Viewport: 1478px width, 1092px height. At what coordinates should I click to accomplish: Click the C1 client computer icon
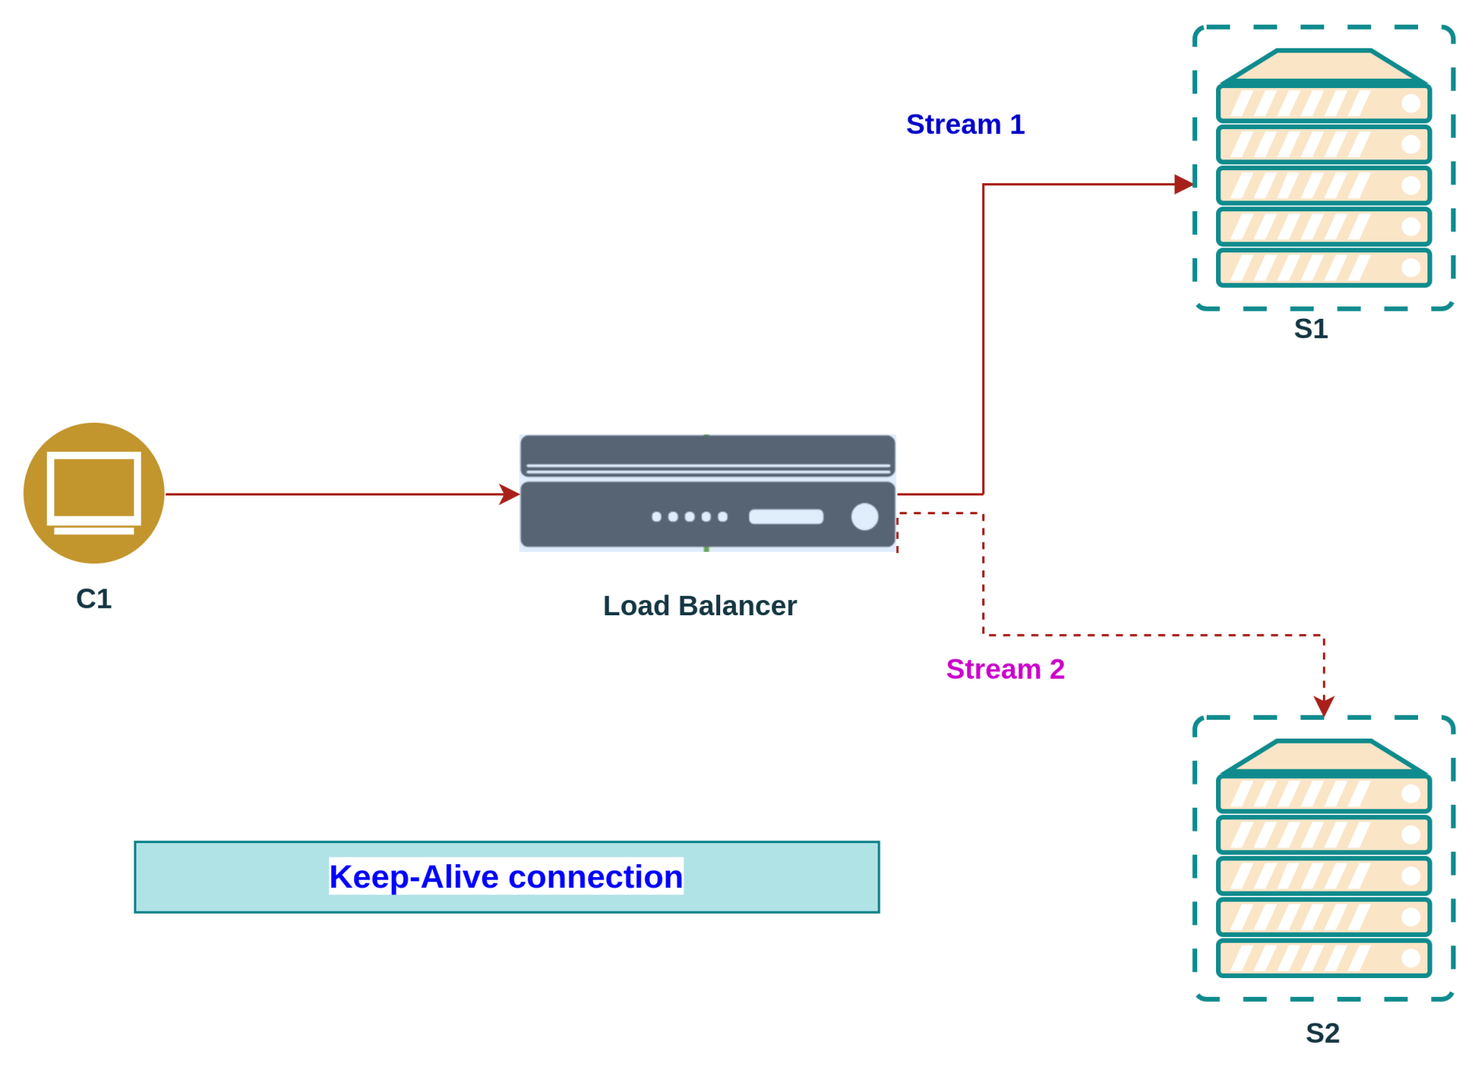(x=95, y=493)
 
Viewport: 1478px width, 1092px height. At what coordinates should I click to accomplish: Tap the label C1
(x=94, y=599)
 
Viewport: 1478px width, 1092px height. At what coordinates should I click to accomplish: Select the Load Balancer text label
(x=699, y=606)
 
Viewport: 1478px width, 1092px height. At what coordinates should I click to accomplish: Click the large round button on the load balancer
(x=864, y=516)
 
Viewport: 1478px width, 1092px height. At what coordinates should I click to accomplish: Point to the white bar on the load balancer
(x=786, y=516)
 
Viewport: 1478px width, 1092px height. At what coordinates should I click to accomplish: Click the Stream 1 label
(x=965, y=124)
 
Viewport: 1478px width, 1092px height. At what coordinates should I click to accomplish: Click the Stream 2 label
(x=1005, y=669)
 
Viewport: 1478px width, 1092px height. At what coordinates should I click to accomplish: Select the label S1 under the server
(x=1311, y=328)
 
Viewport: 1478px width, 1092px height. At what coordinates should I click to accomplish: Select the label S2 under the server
(x=1322, y=1033)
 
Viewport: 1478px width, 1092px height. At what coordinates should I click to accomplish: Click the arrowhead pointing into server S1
(x=1183, y=185)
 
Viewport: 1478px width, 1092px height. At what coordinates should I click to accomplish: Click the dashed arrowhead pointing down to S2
(x=1324, y=705)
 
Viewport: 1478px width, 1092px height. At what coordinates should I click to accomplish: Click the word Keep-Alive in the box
(x=414, y=877)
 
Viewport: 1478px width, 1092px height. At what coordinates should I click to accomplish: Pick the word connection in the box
(x=595, y=877)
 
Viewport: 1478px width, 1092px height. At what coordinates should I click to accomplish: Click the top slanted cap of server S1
(x=1324, y=66)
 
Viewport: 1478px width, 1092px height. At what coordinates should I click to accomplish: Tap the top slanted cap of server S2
(x=1324, y=756)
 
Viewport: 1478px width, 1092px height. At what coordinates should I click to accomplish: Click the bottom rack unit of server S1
(x=1324, y=268)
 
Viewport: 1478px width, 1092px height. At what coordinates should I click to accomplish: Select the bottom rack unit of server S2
(x=1324, y=958)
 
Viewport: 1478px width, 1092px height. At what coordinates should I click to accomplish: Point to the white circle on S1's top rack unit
(x=1411, y=104)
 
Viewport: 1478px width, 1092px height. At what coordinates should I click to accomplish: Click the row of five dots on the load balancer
(x=689, y=516)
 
